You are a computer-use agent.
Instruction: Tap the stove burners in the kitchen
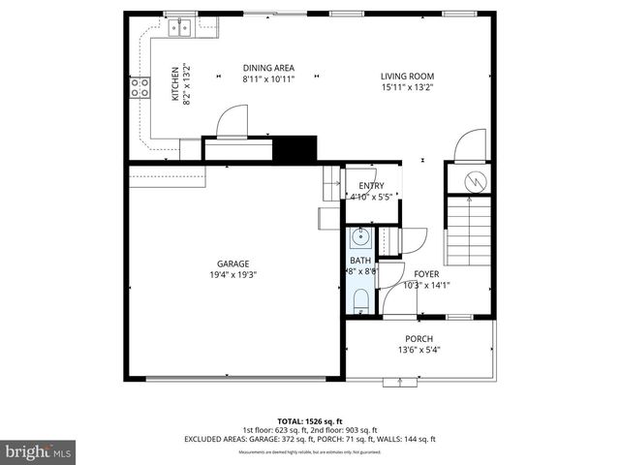(x=139, y=88)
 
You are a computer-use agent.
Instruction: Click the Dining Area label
(x=268, y=68)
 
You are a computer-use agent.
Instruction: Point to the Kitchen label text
(x=175, y=83)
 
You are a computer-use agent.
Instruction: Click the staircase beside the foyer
(x=469, y=231)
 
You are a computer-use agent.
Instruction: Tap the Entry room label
(x=371, y=186)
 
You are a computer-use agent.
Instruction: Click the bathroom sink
(x=360, y=236)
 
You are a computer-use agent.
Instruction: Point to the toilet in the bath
(x=360, y=300)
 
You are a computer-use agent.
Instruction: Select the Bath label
(x=360, y=261)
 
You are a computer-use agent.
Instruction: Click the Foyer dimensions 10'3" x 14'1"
(x=426, y=285)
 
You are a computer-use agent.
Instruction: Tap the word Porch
(x=419, y=338)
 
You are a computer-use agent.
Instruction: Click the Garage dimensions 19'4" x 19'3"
(x=232, y=274)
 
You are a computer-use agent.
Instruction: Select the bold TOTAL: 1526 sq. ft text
(x=310, y=421)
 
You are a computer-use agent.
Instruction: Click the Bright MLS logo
(x=39, y=451)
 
